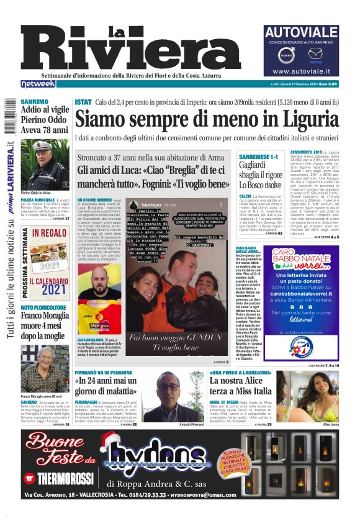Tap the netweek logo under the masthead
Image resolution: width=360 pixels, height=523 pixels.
pyautogui.click(x=38, y=82)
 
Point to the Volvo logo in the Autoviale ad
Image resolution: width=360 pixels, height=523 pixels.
pyautogui.click(x=287, y=56)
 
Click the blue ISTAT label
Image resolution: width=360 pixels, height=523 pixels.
pyautogui.click(x=83, y=101)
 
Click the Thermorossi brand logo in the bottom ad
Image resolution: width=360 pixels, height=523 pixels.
pyautogui.click(x=58, y=478)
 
